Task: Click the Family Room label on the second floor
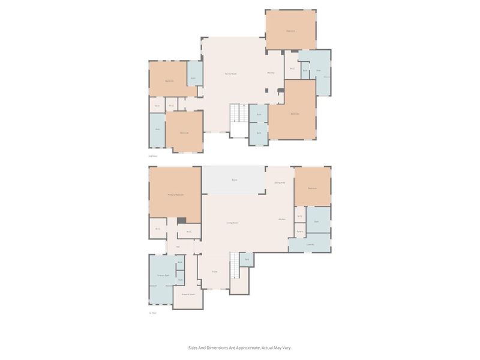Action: pos(230,73)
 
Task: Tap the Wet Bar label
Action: pos(271,73)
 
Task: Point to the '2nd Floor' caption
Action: pos(153,156)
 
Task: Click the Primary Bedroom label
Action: pos(175,195)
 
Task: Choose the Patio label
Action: pos(234,180)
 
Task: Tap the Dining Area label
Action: pos(280,182)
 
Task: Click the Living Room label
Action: pos(233,223)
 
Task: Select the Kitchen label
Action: pos(282,219)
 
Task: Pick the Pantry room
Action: pos(299,231)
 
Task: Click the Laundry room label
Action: pos(310,244)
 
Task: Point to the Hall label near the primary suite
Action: pos(178,247)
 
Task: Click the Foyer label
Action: pos(214,272)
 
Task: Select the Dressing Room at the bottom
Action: pos(188,295)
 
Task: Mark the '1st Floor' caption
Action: pos(153,313)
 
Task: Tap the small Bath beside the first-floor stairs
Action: pos(246,260)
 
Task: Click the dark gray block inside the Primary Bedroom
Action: pos(181,220)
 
